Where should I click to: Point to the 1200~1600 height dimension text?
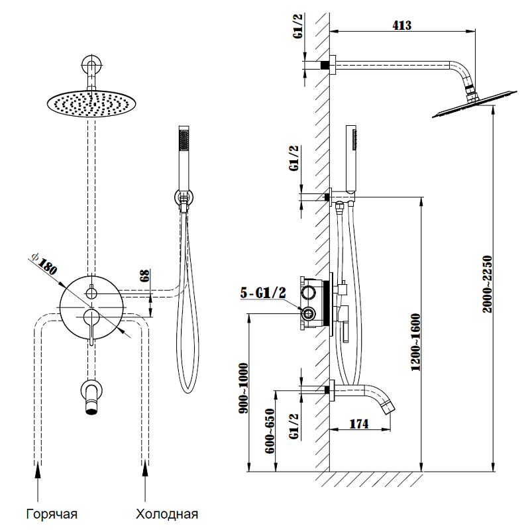[x=415, y=351]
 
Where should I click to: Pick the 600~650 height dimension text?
[x=270, y=431]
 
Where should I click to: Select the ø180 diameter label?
[x=44, y=264]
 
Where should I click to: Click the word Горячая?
[x=52, y=513]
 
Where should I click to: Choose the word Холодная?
[x=167, y=513]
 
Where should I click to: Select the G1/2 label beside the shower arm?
[x=298, y=41]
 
